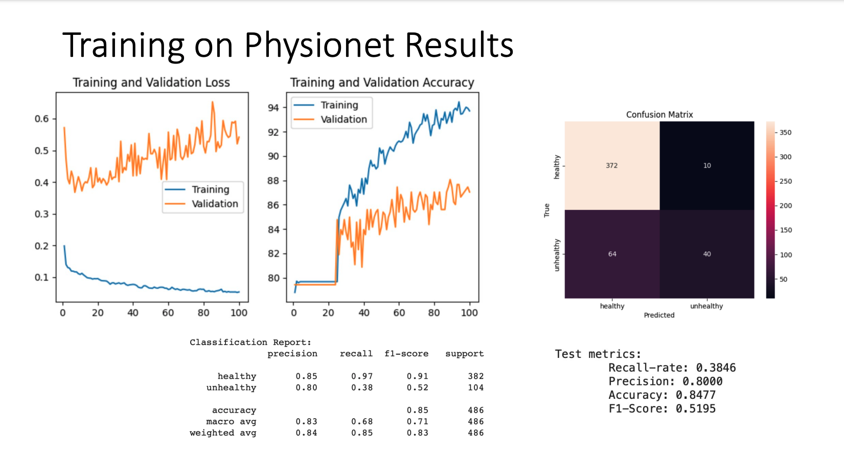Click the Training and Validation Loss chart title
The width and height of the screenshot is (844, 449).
pyautogui.click(x=151, y=82)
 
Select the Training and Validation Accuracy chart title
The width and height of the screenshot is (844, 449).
pyautogui.click(x=382, y=82)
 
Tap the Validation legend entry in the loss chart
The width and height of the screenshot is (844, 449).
pyautogui.click(x=215, y=204)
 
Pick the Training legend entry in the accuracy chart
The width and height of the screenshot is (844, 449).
pyautogui.click(x=339, y=105)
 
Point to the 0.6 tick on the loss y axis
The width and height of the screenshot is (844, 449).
pyautogui.click(x=42, y=119)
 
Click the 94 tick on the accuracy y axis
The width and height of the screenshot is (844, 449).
pyautogui.click(x=273, y=108)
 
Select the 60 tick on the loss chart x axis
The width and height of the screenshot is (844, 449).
pyautogui.click(x=168, y=312)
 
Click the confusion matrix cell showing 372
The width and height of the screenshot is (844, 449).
pyautogui.click(x=611, y=165)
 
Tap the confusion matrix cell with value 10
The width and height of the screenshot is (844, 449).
pyautogui.click(x=706, y=165)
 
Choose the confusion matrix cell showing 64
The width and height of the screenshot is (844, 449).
pyautogui.click(x=611, y=254)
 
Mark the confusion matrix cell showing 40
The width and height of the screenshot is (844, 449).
pyautogui.click(x=706, y=254)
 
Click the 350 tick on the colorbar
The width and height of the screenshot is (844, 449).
pyautogui.click(x=785, y=133)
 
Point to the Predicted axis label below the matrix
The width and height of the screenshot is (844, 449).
pyautogui.click(x=659, y=315)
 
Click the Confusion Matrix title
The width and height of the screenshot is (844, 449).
pyautogui.click(x=659, y=115)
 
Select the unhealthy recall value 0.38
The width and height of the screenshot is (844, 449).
pyautogui.click(x=362, y=388)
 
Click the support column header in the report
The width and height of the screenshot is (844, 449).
pyautogui.click(x=464, y=354)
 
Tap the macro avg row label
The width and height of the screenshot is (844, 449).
pyautogui.click(x=231, y=421)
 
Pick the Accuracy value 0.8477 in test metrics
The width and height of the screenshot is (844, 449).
pyautogui.click(x=695, y=395)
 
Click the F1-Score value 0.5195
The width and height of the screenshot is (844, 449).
pyautogui.click(x=695, y=409)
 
